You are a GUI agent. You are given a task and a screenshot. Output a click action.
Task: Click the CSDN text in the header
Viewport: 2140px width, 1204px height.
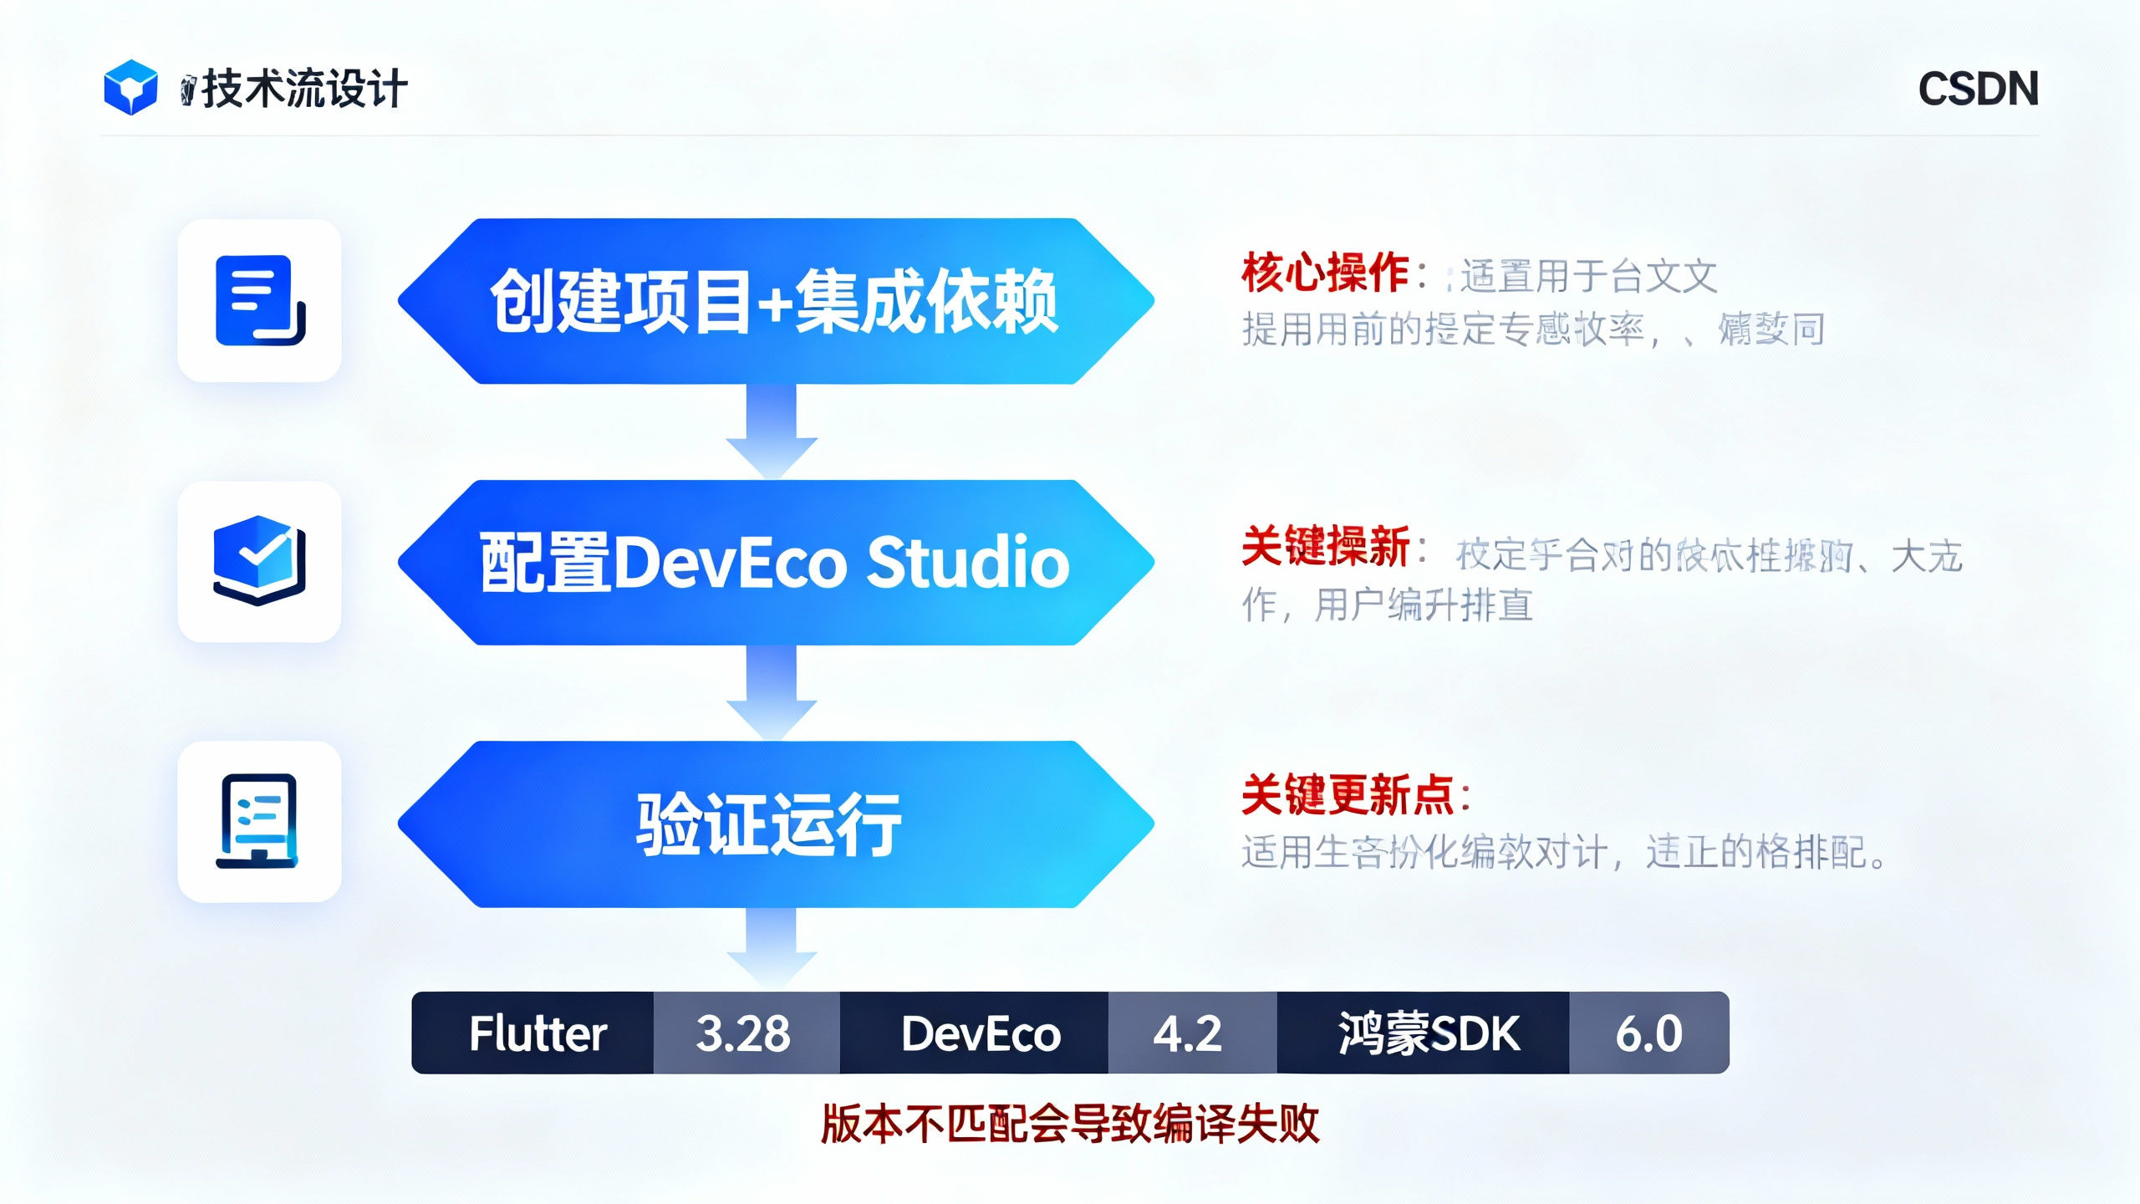pyautogui.click(x=1978, y=89)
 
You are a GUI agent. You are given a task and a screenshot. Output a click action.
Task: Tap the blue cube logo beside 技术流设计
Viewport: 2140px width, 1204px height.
pyautogui.click(x=130, y=87)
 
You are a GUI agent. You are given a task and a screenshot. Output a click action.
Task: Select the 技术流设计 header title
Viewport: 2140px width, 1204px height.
pyautogui.click(x=304, y=89)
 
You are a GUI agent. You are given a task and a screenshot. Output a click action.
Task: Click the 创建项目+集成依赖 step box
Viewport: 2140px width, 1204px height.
pyautogui.click(x=775, y=301)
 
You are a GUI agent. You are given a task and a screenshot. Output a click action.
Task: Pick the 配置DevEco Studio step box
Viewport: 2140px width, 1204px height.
pyautogui.click(x=775, y=562)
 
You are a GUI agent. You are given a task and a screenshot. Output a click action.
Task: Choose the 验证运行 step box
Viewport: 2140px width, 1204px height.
pyautogui.click(x=775, y=824)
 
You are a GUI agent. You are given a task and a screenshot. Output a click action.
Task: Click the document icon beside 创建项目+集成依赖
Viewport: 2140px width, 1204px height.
pyautogui.click(x=260, y=301)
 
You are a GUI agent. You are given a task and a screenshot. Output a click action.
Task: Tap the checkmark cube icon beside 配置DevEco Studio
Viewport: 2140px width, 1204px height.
pyautogui.click(x=260, y=561)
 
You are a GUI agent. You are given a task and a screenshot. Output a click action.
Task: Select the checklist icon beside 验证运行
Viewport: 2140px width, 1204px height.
pyautogui.click(x=260, y=821)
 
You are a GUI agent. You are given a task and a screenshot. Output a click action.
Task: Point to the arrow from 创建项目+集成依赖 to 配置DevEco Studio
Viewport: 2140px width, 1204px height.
pyautogui.click(x=771, y=431)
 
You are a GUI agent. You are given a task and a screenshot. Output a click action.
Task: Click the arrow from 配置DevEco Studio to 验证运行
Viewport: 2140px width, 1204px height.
pyautogui.click(x=771, y=692)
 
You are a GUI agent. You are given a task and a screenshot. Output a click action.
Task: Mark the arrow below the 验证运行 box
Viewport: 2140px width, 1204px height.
pyautogui.click(x=771, y=949)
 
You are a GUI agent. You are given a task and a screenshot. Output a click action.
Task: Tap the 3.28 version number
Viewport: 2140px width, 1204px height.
pyautogui.click(x=744, y=1033)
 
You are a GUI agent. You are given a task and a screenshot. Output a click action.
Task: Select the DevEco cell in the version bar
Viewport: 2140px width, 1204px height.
pyautogui.click(x=980, y=1033)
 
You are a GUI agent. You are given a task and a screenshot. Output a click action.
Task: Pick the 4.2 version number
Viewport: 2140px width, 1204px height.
pyautogui.click(x=1189, y=1033)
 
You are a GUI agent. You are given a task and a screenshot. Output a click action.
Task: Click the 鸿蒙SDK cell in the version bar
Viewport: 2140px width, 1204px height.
pyautogui.click(x=1427, y=1033)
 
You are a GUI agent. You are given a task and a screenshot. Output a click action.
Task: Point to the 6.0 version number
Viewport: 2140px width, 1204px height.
pyautogui.click(x=1648, y=1033)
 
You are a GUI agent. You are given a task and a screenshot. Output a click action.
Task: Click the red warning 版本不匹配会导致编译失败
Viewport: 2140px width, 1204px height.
pyautogui.click(x=1070, y=1124)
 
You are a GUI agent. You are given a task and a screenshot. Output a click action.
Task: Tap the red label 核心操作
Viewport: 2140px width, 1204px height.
pyautogui.click(x=1325, y=273)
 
